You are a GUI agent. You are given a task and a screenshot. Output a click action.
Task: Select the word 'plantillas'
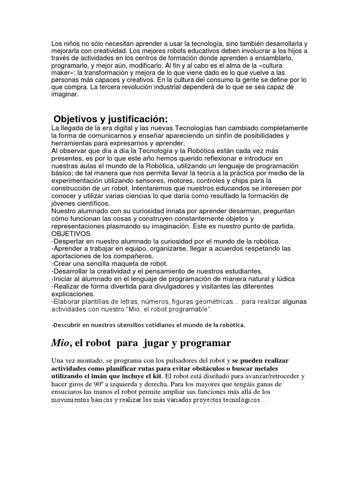[x=101, y=301]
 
